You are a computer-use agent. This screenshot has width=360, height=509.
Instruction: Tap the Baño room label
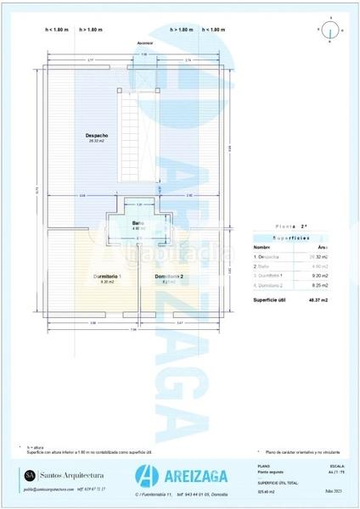coord(138,223)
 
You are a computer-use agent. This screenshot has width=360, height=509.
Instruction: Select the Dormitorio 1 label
coord(108,277)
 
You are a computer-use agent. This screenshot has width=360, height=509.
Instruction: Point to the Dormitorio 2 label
coord(169,277)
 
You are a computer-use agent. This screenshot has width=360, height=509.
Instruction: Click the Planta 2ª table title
coord(292,227)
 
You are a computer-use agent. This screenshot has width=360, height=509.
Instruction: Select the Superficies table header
coord(292,238)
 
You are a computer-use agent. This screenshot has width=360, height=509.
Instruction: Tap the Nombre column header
coord(262,246)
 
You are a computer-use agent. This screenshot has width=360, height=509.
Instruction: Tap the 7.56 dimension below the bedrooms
coord(132,330)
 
